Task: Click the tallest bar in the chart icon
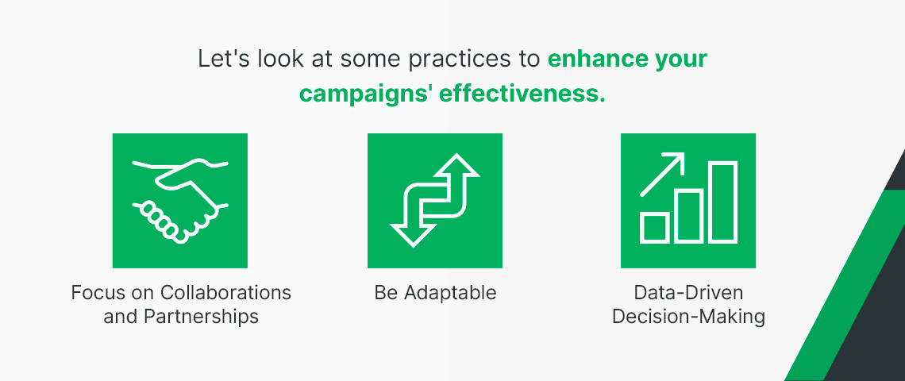tap(723, 202)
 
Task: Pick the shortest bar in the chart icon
tap(655, 228)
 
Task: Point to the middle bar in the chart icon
tap(689, 216)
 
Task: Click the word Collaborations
tap(225, 293)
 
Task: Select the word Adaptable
tap(450, 293)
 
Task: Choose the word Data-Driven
tap(688, 293)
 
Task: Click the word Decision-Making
tap(688, 317)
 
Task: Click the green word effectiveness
tap(522, 94)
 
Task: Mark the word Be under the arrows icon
tap(386, 293)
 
